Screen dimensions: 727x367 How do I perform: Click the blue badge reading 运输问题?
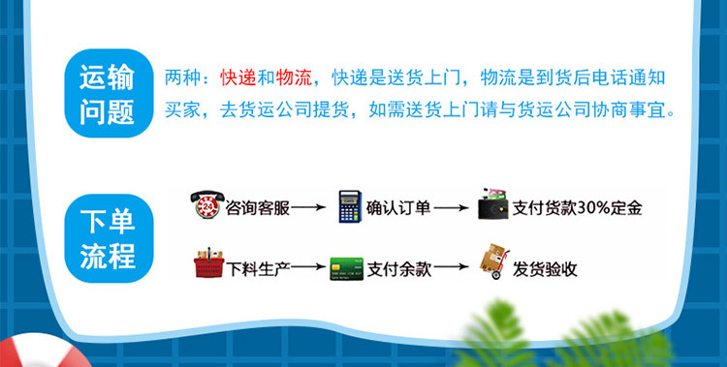109,93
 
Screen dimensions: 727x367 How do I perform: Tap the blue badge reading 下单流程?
109,238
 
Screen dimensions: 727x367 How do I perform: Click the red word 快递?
238,78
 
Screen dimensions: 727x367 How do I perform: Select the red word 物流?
294,78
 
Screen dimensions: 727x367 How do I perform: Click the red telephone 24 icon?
207,204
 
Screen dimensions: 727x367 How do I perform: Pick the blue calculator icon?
350,206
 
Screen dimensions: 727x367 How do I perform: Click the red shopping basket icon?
208,262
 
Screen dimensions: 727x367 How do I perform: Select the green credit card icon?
347,269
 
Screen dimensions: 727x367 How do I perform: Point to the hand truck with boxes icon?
494,261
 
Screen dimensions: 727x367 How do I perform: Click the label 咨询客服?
258,208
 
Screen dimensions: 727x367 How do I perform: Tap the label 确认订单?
398,208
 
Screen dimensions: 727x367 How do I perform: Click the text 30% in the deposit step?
594,208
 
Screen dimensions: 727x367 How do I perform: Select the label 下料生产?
258,269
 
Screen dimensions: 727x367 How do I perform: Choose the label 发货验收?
545,269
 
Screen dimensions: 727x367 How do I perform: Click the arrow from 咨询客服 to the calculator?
308,207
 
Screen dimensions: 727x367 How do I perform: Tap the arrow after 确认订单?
451,207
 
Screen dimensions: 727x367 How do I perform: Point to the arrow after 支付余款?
451,267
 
